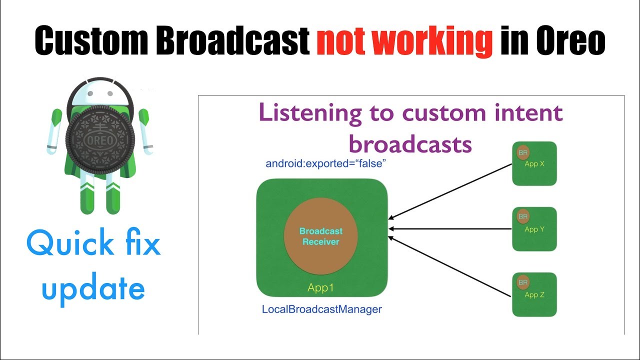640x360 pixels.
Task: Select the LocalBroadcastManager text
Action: (321, 309)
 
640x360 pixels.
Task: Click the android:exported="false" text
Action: (325, 163)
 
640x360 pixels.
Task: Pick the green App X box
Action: (534, 163)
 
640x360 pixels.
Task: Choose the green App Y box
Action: (534, 229)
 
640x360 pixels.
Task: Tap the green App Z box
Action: (534, 294)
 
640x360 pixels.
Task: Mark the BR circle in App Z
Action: (522, 282)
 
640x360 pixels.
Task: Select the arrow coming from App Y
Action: (450, 229)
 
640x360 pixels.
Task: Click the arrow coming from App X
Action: (450, 191)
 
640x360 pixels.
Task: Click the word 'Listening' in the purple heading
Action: (310, 112)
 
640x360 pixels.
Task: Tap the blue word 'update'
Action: (93, 289)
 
